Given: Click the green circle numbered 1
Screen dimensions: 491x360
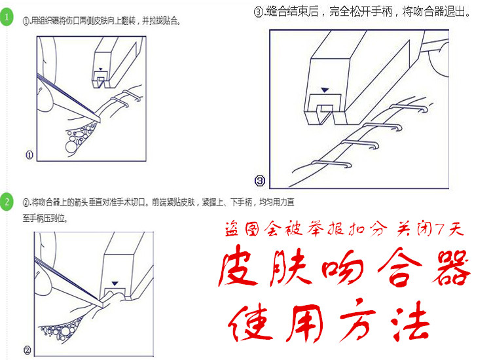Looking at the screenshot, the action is click(7, 17).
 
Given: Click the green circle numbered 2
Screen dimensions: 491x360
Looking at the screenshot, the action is click(7, 202).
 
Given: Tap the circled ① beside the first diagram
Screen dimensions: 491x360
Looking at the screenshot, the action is click(29, 154).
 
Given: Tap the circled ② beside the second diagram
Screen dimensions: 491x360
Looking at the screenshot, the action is click(27, 350).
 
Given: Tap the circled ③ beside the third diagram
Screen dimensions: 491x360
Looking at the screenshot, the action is click(260, 181).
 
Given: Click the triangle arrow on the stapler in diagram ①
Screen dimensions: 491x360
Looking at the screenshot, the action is click(101, 69).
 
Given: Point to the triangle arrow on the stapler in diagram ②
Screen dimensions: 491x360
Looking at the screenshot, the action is click(115, 283).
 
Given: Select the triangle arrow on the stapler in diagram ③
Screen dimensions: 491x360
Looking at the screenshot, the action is click(325, 90).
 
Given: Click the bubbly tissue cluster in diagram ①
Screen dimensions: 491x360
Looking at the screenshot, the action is click(80, 136).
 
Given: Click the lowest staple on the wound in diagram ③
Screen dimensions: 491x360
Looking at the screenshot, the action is click(331, 164).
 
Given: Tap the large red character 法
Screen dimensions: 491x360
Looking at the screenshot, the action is click(410, 321).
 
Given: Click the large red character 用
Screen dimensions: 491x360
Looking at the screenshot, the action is click(305, 323).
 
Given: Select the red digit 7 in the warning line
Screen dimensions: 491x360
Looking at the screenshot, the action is click(441, 230).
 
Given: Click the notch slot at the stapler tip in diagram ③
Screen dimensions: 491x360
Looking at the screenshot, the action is click(325, 115).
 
